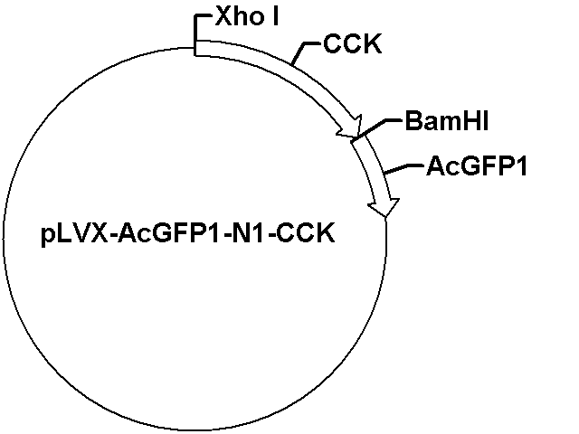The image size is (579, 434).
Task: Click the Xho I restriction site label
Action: (x=247, y=16)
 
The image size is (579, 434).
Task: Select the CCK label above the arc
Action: (x=352, y=44)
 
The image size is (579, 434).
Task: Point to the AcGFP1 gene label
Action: (x=477, y=166)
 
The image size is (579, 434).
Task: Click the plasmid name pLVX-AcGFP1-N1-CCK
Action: (x=188, y=234)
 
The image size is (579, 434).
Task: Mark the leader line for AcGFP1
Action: (x=403, y=168)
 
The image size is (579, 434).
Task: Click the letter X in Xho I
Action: (x=223, y=16)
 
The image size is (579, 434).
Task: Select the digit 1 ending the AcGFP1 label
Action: (x=521, y=166)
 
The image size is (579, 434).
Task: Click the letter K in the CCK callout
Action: (x=372, y=44)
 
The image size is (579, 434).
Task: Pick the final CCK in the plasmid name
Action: (x=305, y=233)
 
